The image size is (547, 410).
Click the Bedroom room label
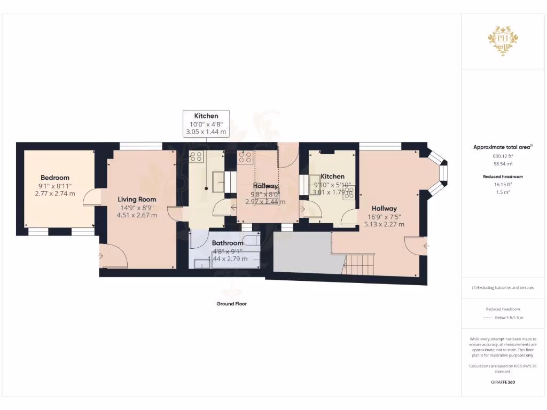55,178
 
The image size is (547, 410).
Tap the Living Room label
137,199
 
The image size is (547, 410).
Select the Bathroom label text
226,243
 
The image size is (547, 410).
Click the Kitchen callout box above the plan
206,123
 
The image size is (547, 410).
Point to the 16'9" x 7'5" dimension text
384,217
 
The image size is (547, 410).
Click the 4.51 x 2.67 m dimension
137,215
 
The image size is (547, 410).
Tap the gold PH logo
502,41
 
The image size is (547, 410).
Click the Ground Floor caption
231,304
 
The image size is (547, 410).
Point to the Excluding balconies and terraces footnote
502,288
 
